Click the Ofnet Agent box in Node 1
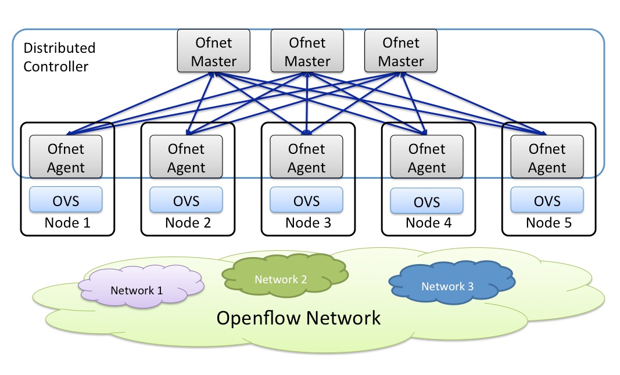point(66,157)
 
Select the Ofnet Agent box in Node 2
point(186,157)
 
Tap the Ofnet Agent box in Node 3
point(306,157)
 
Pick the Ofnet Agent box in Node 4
point(427,157)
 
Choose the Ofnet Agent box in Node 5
point(547,157)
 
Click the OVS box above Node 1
point(66,200)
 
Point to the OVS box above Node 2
point(186,200)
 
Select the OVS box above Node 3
point(306,200)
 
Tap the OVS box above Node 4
point(427,201)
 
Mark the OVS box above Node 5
point(547,200)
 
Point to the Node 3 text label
point(308,222)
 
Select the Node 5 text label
point(549,222)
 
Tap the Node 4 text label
point(428,222)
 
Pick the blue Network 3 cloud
point(451,284)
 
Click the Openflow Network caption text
point(299,318)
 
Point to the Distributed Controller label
point(59,57)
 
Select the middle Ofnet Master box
point(307,52)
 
